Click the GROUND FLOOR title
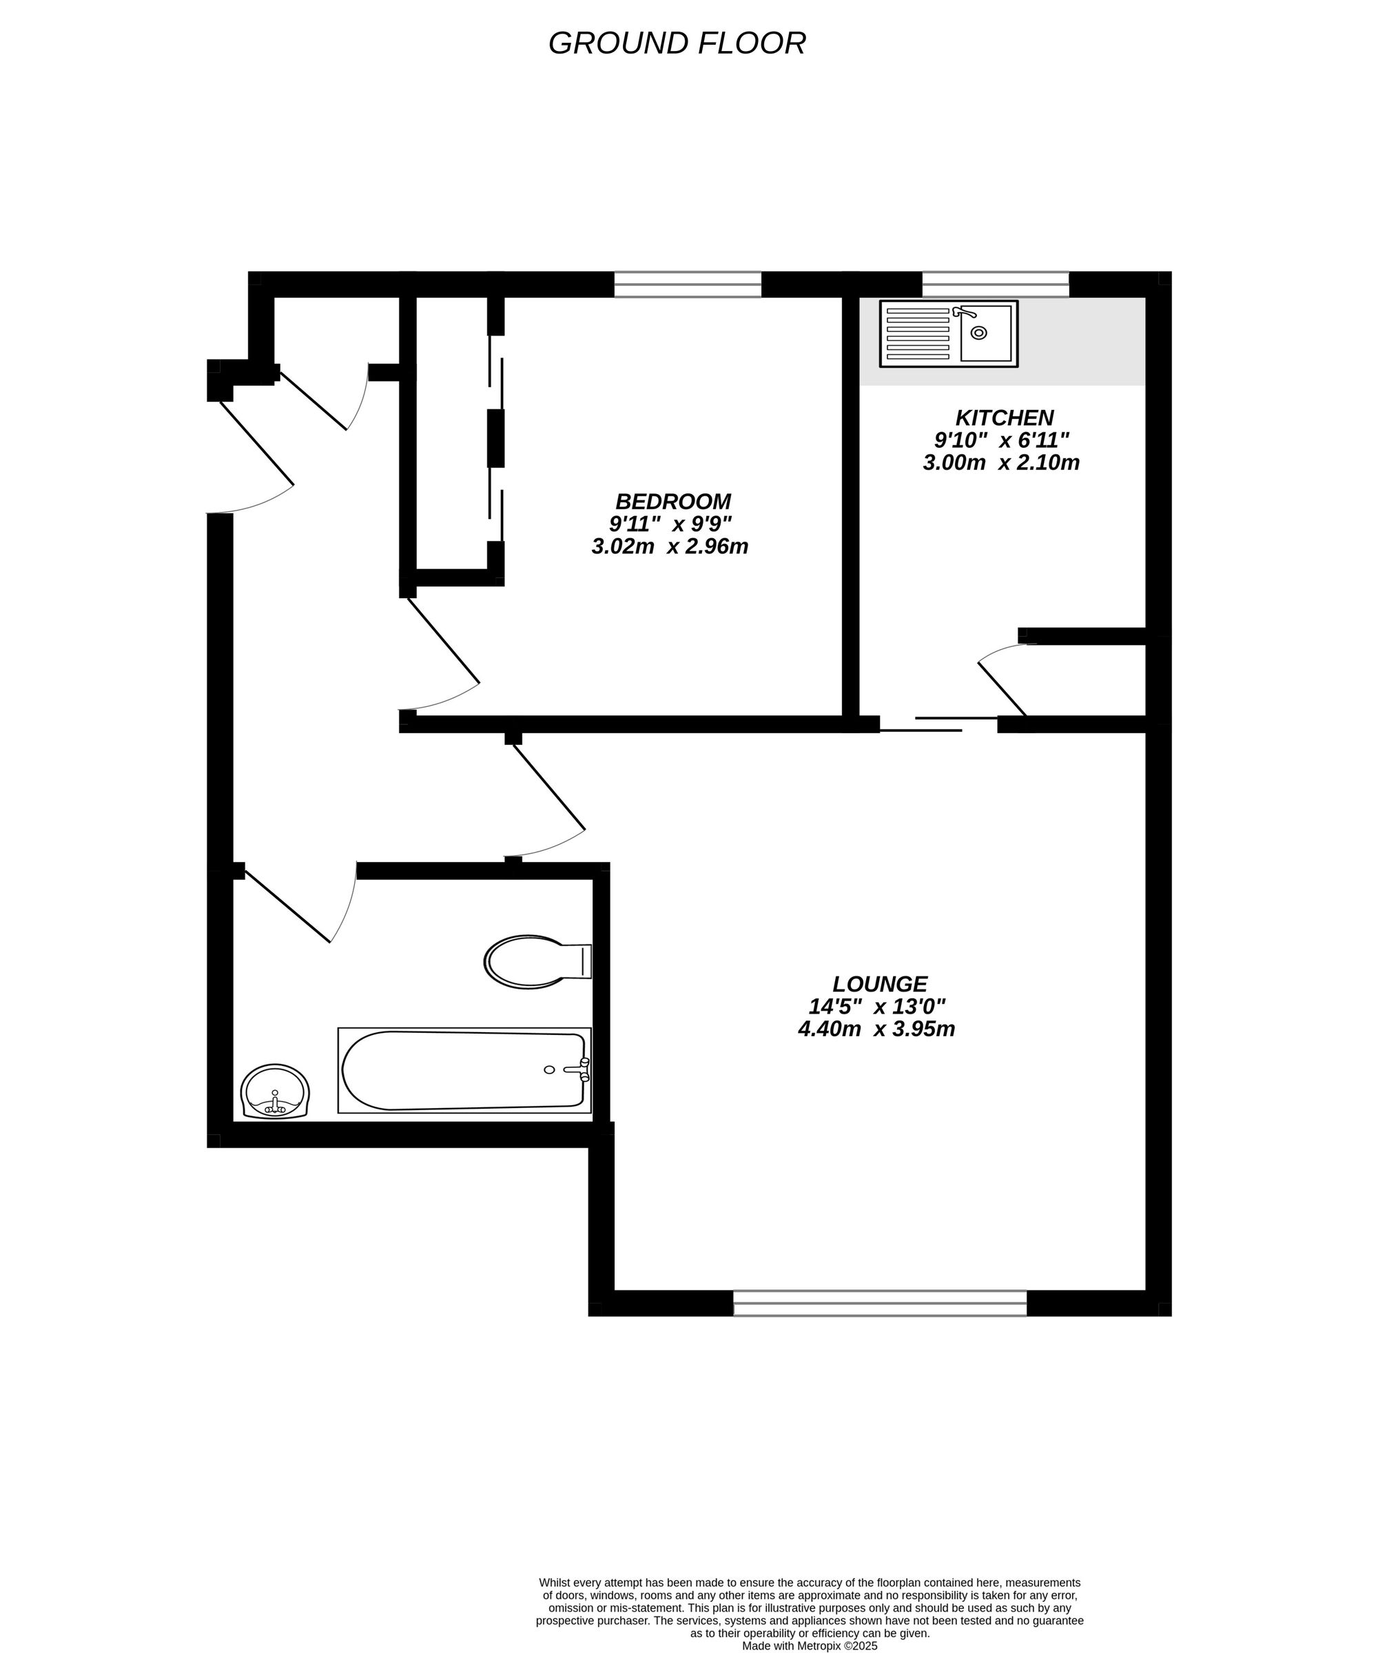pos(677,43)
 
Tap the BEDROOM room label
pos(673,502)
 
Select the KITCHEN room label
pos(1004,418)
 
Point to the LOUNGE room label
pos(880,984)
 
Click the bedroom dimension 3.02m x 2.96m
pos(670,546)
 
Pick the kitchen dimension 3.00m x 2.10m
pos(1001,463)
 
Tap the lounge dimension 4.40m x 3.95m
pos(876,1029)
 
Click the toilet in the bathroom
pos(535,961)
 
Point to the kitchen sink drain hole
pos(978,333)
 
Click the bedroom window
pos(687,284)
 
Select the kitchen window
pos(996,284)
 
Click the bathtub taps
pos(581,1069)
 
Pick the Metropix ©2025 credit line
pos(810,1645)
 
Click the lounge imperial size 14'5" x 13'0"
pos(876,1007)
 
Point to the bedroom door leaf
pos(442,641)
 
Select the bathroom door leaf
pos(287,905)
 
